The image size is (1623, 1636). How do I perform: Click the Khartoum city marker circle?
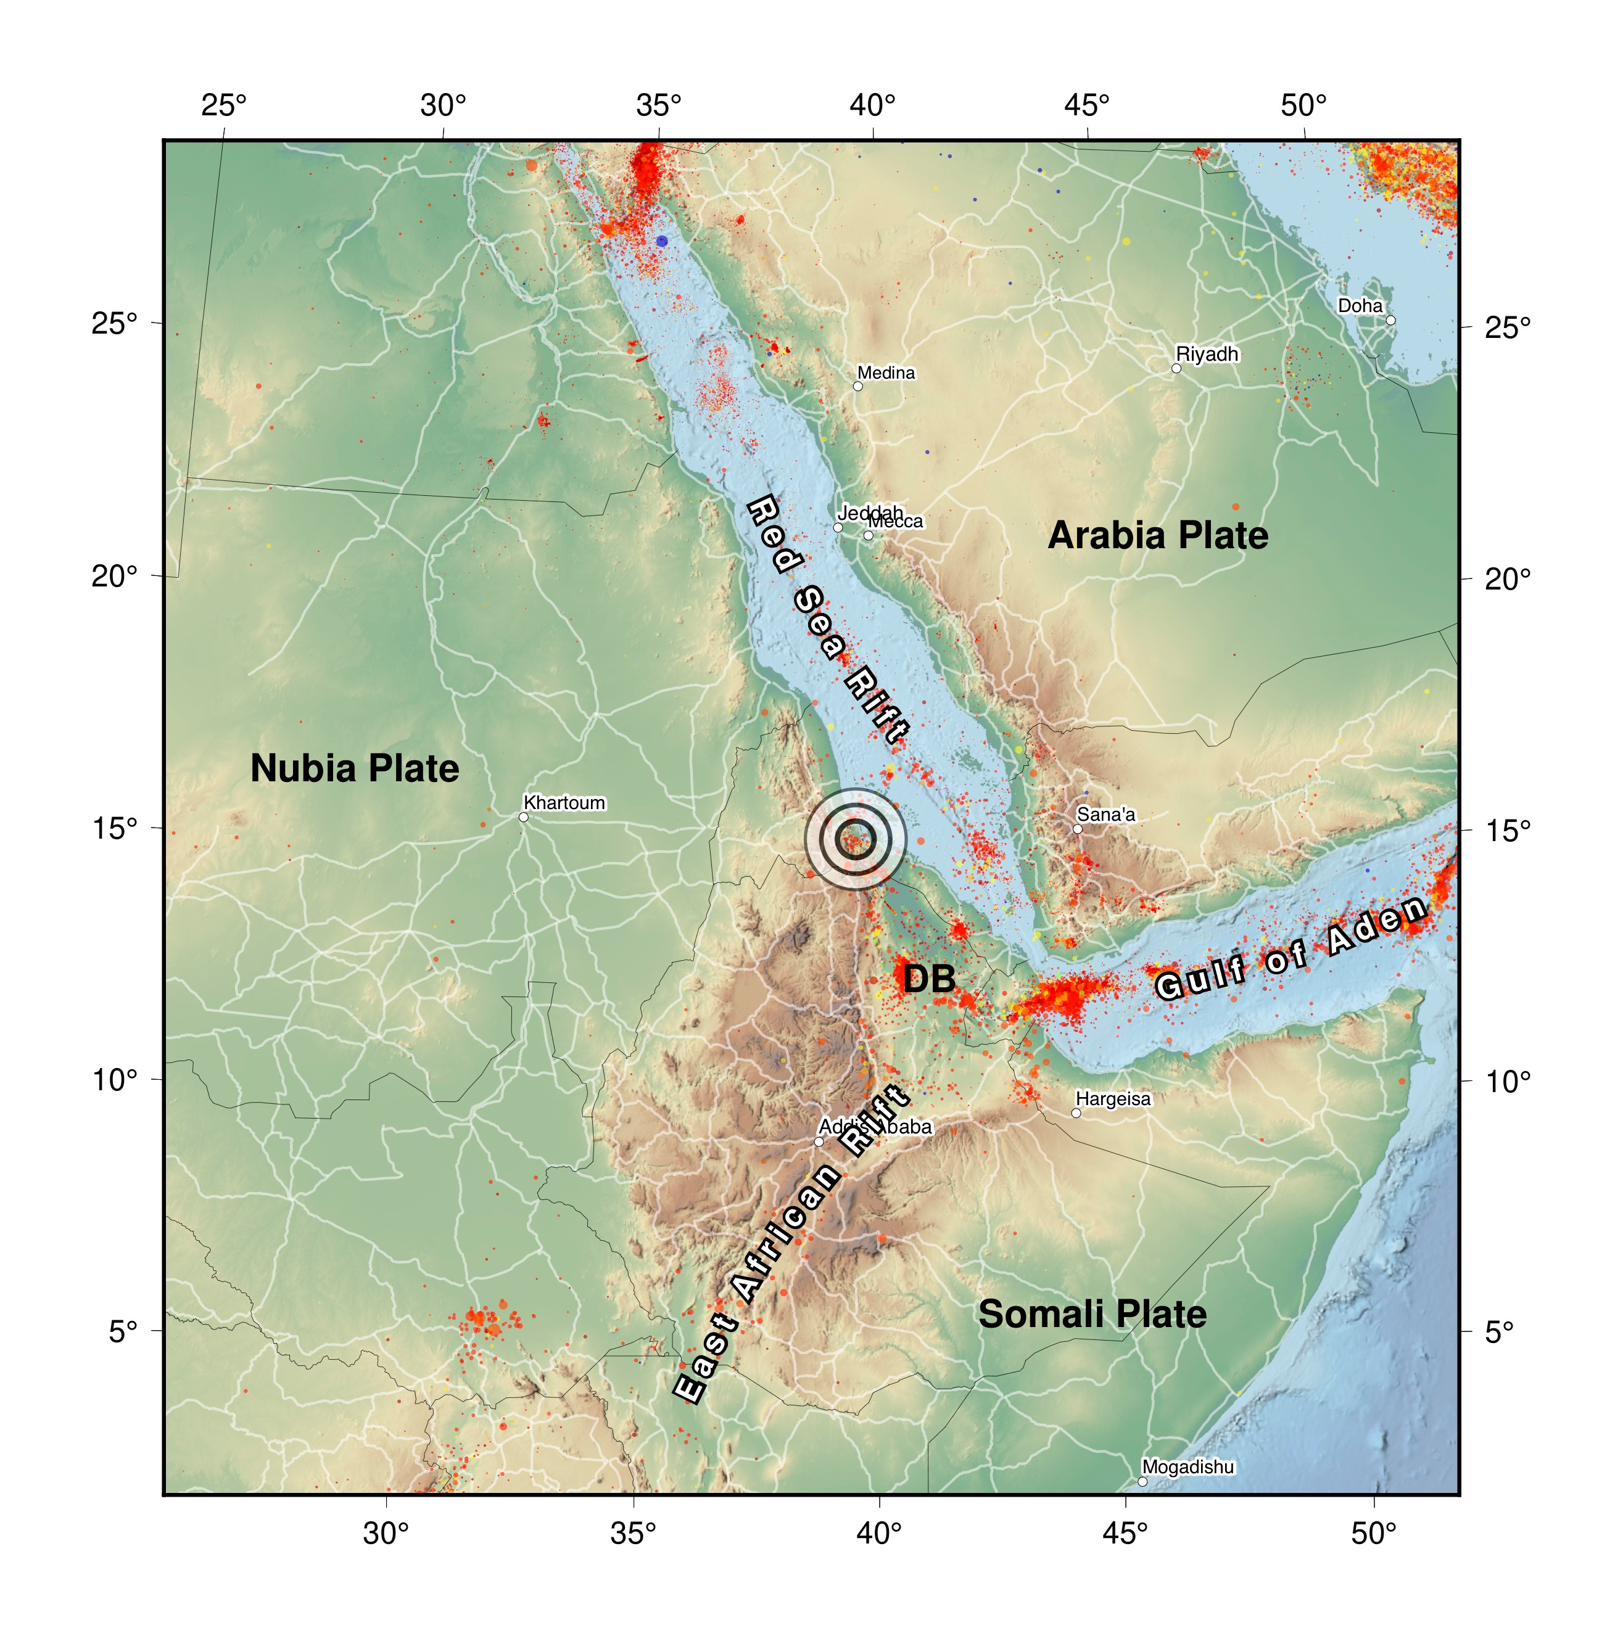tap(524, 817)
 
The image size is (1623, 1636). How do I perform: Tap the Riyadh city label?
tap(1207, 354)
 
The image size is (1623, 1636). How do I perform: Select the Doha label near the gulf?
tap(1360, 306)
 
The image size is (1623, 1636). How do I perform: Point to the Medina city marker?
tap(857, 386)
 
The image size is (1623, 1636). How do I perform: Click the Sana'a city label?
tap(1105, 815)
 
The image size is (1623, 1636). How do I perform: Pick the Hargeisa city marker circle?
tap(1076, 1112)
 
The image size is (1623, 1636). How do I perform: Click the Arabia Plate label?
tap(1157, 536)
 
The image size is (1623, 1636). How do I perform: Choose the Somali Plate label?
tap(1092, 1314)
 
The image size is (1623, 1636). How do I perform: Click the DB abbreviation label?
tap(928, 979)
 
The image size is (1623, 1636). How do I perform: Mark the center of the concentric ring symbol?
tap(856, 838)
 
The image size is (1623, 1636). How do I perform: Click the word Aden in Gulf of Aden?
tap(1377, 925)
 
